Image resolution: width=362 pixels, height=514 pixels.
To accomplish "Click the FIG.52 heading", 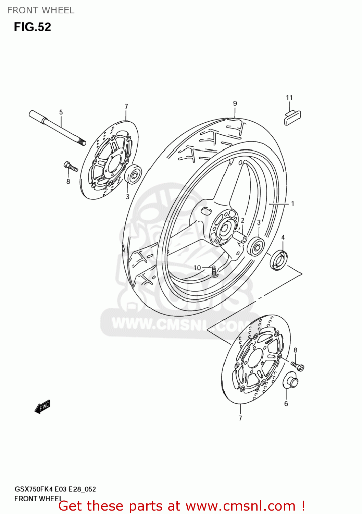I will pos(33,27).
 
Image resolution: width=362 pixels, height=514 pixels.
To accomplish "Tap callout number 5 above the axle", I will pos(61,112).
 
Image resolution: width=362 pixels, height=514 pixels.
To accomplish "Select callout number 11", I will pos(289,98).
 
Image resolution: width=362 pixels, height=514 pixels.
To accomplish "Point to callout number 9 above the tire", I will pos(235,103).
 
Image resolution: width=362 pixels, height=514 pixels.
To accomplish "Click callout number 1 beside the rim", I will pos(292,204).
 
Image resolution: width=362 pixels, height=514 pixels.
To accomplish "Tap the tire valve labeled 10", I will pos(214,271).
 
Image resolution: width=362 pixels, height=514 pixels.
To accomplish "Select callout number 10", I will pos(197,268).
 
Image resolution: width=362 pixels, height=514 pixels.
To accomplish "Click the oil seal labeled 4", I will pos(279,260).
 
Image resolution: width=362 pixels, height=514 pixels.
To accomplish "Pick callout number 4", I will pos(283,237).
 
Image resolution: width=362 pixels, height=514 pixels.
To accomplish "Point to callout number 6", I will pos(286,404).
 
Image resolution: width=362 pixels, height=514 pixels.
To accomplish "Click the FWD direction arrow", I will pos(42,407).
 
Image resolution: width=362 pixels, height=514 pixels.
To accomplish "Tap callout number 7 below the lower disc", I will pos(240,418).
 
